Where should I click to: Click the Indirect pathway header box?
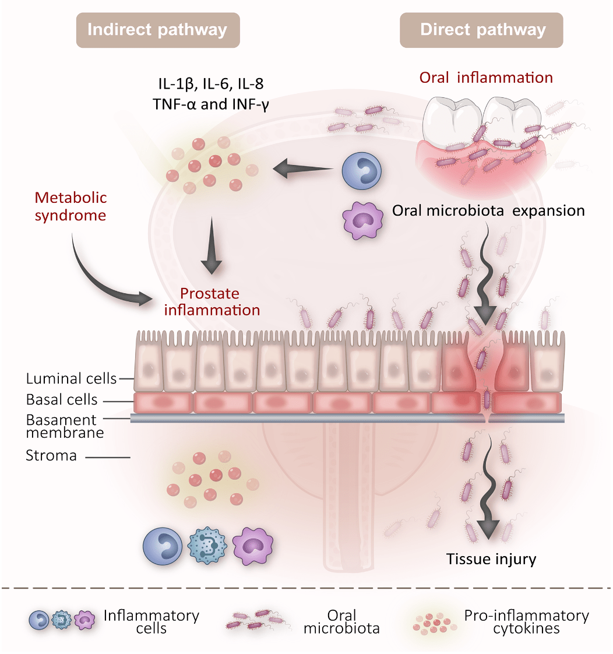[x=157, y=30]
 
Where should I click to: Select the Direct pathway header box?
[x=482, y=30]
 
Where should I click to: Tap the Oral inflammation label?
[x=486, y=78]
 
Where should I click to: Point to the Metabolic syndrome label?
[x=70, y=206]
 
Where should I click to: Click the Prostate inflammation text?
[x=212, y=301]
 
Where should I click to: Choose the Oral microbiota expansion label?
[x=488, y=210]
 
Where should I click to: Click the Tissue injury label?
[x=491, y=560]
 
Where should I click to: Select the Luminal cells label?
[x=71, y=379]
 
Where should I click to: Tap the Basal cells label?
[x=62, y=400]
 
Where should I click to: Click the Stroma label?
[x=51, y=455]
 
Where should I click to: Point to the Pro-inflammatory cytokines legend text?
[x=526, y=621]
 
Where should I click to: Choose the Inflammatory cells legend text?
[x=151, y=621]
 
